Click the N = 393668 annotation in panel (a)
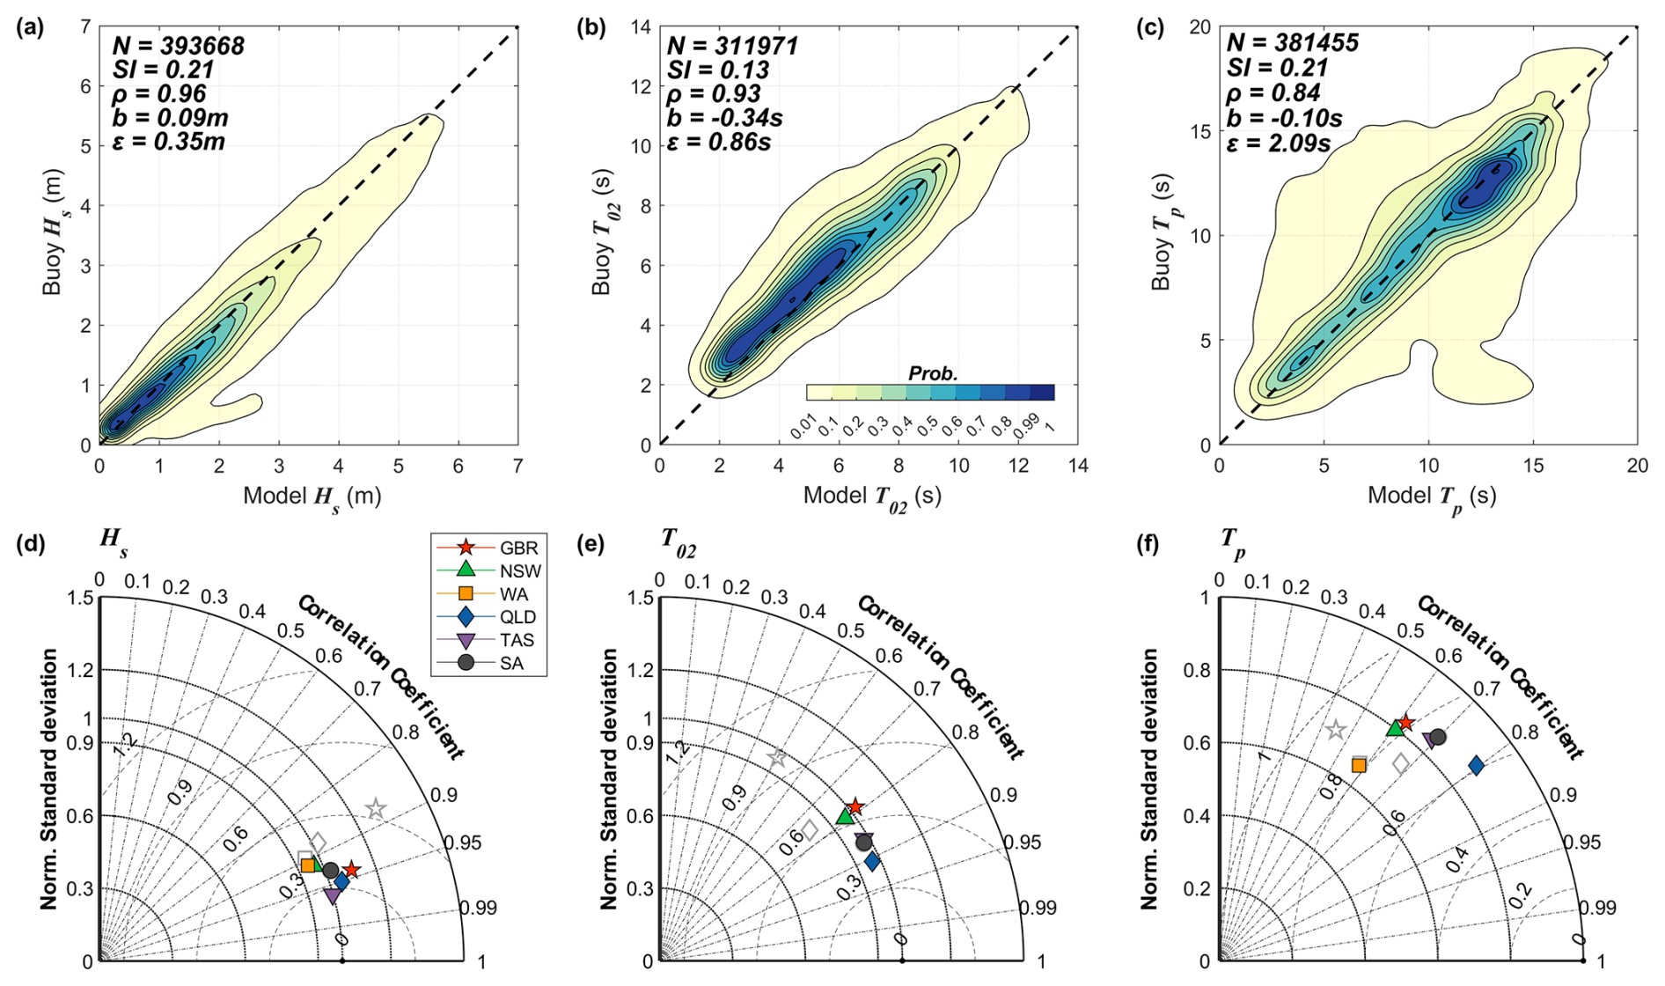pos(178,46)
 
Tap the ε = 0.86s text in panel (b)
pos(719,141)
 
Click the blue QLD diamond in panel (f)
pos(1476,766)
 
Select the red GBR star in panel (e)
pos(855,806)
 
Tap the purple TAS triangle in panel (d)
pos(333,895)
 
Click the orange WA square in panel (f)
pos(1359,765)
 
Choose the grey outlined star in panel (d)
pos(376,808)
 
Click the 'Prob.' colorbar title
pos(933,373)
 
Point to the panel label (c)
pos(1149,28)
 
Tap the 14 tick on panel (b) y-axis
pos(641,27)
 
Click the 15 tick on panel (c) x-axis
pos(1533,465)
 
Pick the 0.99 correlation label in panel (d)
pos(479,908)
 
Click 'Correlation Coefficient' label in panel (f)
pos(1500,676)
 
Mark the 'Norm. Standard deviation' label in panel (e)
pos(609,779)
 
